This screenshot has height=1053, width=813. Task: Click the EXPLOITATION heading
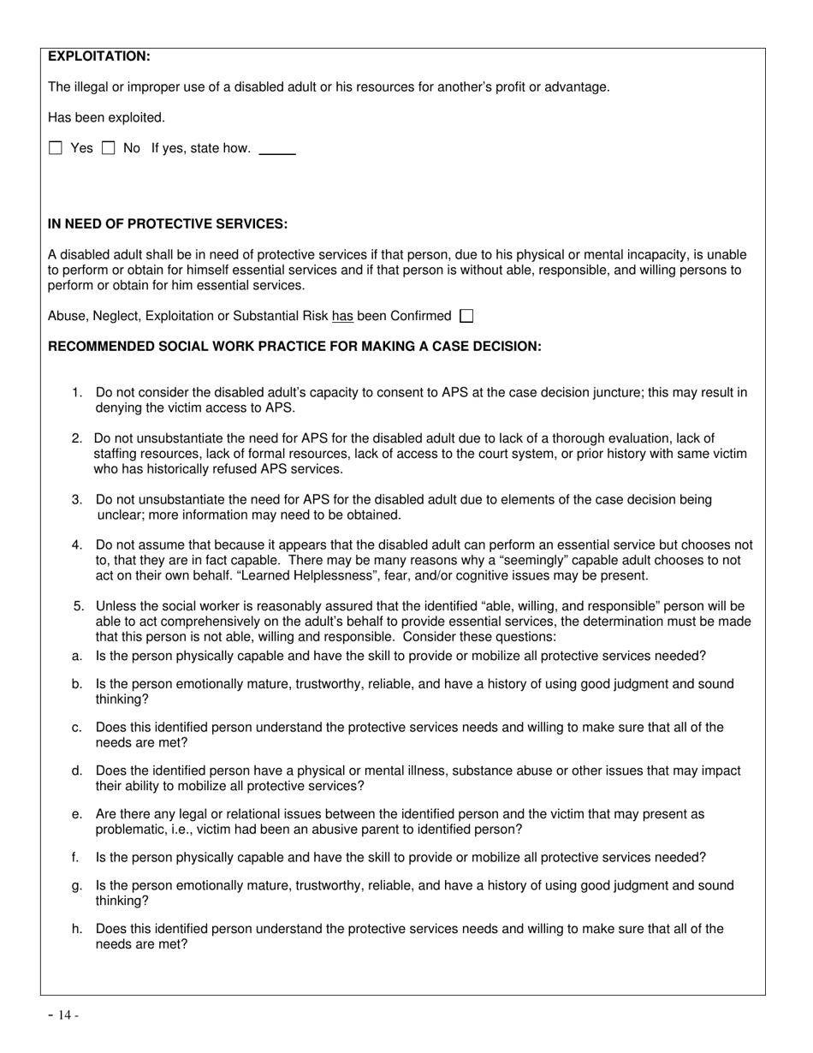coord(98,57)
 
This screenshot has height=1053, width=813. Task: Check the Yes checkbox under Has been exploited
coord(56,148)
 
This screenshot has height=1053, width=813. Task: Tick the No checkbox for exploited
coord(109,148)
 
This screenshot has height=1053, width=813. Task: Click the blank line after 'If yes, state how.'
coord(276,151)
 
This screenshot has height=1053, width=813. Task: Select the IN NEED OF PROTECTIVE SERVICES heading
coord(168,224)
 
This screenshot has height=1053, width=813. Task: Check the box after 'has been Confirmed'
coord(466,316)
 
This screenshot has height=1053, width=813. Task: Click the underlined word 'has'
coord(342,316)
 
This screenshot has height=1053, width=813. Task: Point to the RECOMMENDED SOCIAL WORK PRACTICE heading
coord(294,347)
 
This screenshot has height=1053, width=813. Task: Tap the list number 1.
coord(77,393)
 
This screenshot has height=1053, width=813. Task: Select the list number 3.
coord(77,500)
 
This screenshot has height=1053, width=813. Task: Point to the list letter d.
coord(77,771)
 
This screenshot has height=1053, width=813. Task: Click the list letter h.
coord(77,929)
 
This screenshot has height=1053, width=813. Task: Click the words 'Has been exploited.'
coord(106,118)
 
